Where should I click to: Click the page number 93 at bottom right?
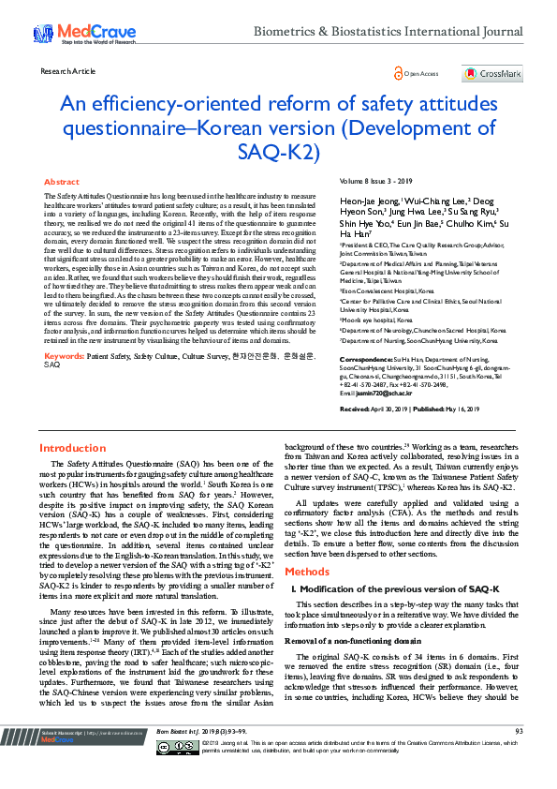click(518, 756)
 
